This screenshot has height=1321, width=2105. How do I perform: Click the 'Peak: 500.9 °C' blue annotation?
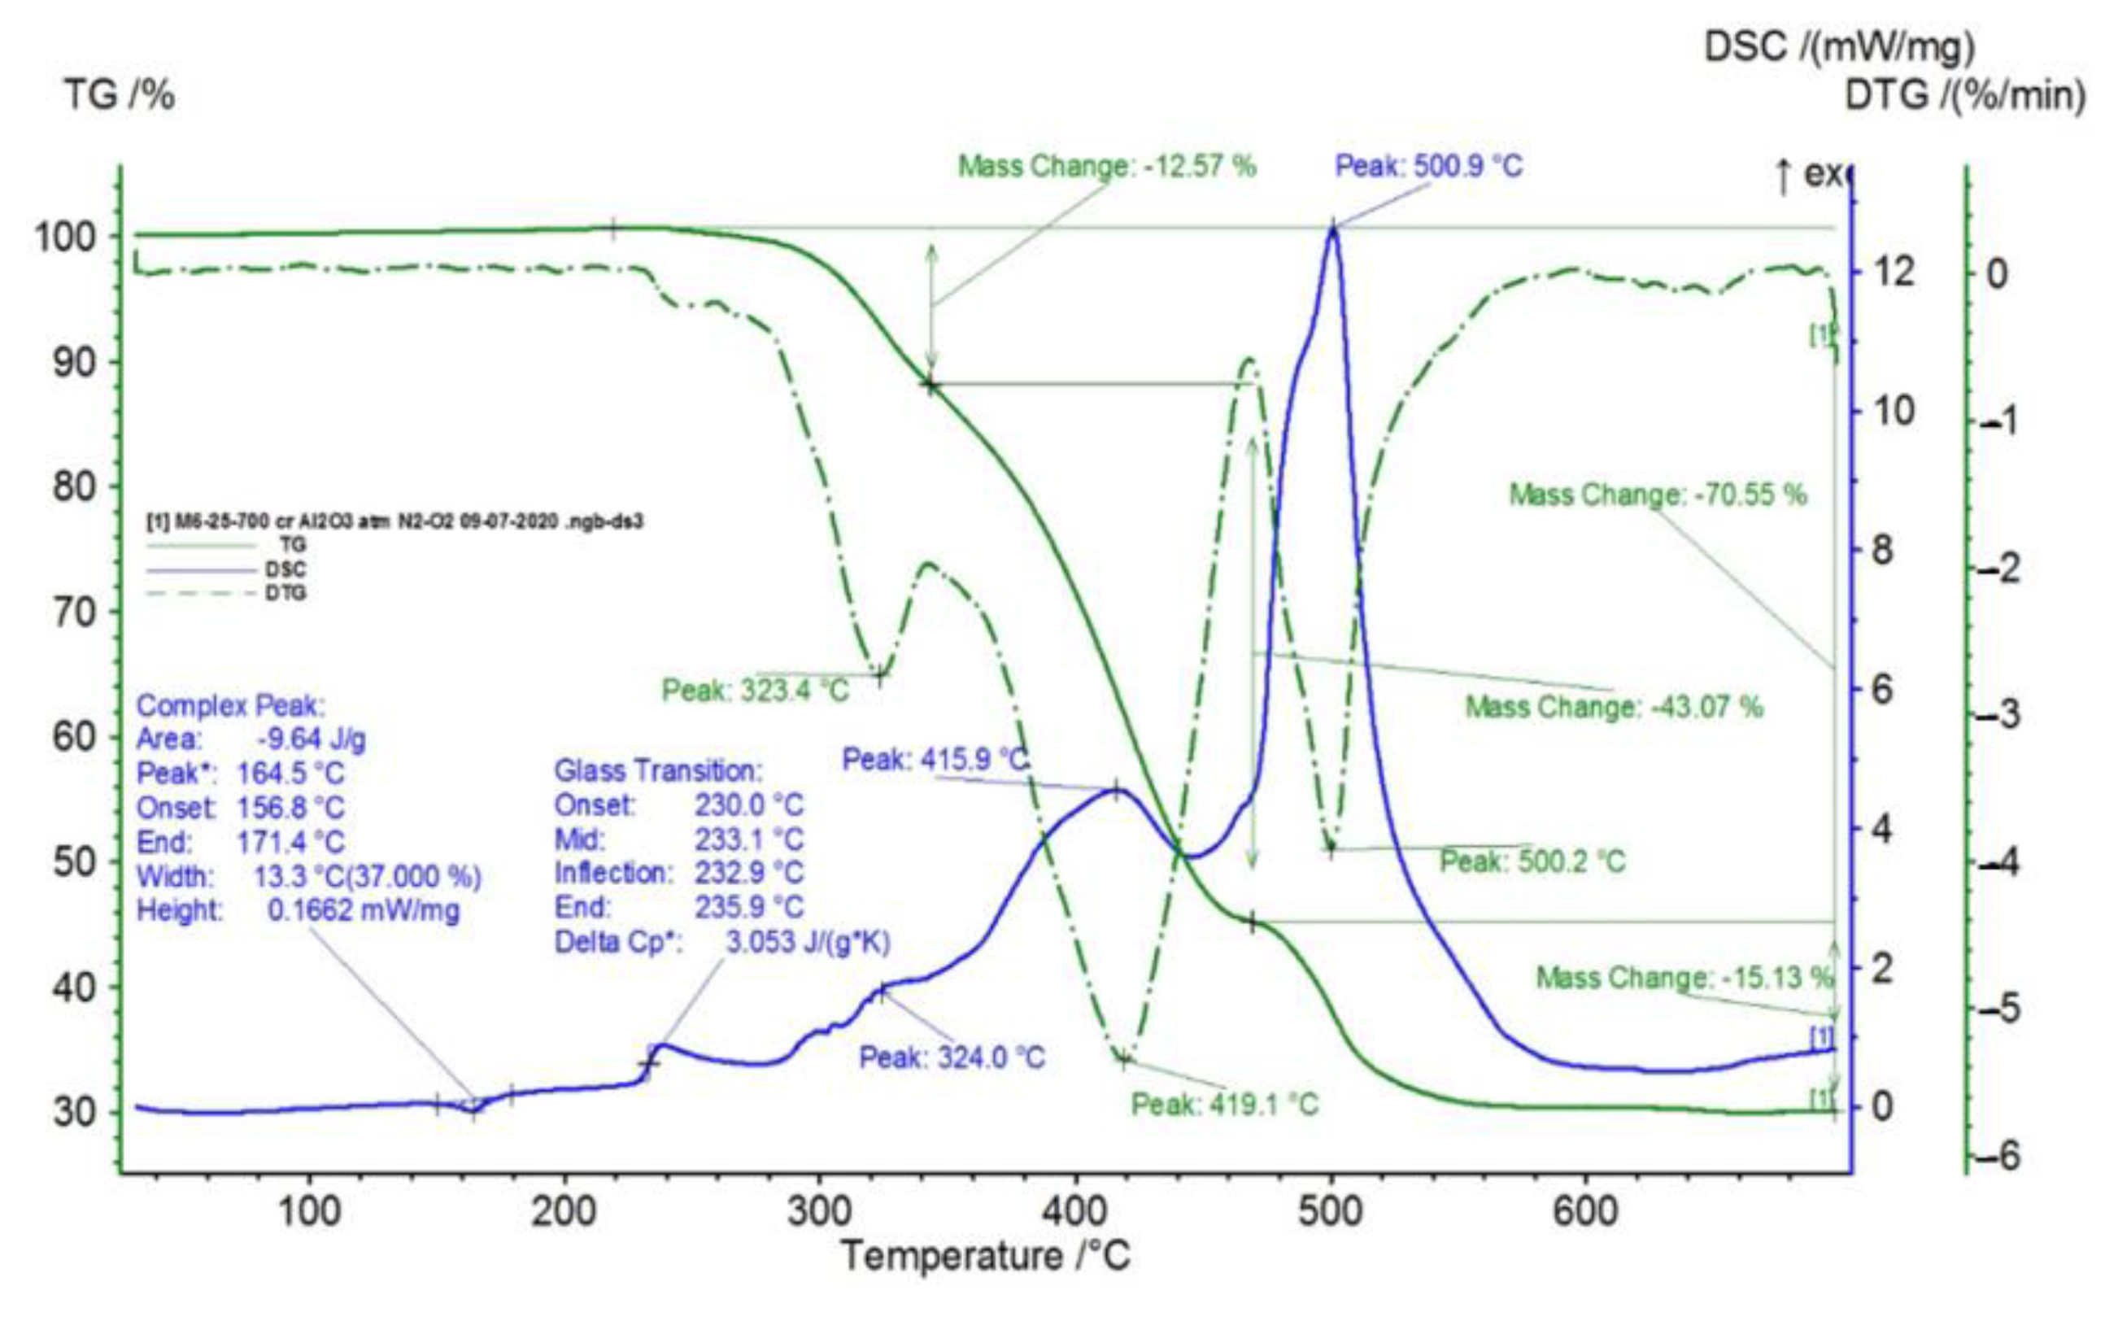coord(1428,165)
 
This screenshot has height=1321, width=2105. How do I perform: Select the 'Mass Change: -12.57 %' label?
coord(1107,165)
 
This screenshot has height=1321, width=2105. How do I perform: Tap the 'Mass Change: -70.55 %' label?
coord(1658,495)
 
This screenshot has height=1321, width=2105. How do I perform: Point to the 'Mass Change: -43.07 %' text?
coord(1614,706)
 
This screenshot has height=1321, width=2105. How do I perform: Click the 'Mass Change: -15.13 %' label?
coord(1684,977)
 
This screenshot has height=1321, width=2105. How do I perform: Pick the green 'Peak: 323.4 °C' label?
coord(755,691)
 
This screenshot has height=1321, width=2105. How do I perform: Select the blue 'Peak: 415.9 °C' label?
coord(935,759)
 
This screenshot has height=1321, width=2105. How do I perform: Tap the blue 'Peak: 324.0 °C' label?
coord(952,1058)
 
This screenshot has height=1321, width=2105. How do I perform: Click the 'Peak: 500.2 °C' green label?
coord(1532,861)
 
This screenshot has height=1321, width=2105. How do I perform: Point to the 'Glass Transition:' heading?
coord(658,770)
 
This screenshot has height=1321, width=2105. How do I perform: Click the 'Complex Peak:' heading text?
coord(229,705)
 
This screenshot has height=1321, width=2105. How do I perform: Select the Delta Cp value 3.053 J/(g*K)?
coord(807,942)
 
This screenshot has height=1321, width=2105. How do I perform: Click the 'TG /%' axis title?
coord(119,94)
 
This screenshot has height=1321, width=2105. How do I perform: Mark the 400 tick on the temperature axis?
coord(1075,1212)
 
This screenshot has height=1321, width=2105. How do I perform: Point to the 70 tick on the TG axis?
coord(76,612)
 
